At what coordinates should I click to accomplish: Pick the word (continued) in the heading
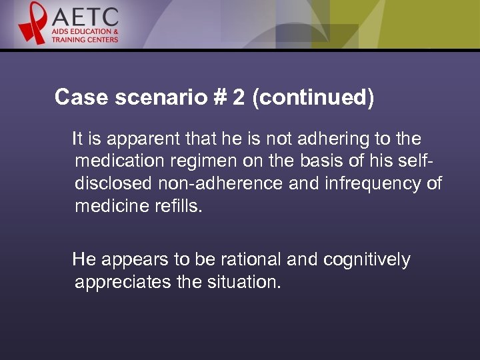click(313, 97)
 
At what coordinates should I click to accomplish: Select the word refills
click(178, 206)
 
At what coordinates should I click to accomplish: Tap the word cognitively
click(367, 259)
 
